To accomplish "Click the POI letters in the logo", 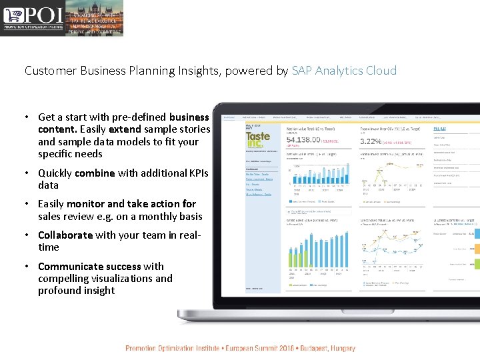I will click(x=43, y=15).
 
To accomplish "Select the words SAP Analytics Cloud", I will click(x=344, y=70).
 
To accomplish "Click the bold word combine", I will click(x=95, y=173).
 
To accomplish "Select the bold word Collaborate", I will click(x=65, y=235).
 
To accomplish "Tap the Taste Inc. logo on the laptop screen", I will click(x=257, y=141).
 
